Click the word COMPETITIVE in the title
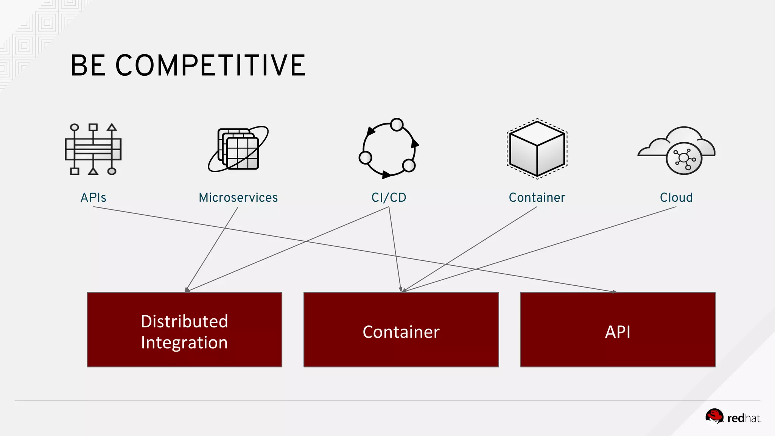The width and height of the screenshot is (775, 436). (x=210, y=65)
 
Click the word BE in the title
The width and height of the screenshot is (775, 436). (x=88, y=65)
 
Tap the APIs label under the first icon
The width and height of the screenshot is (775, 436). (x=93, y=198)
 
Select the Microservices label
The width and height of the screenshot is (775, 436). (x=238, y=198)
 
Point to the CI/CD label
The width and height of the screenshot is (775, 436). (x=389, y=198)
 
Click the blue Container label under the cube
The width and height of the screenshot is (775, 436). (x=537, y=198)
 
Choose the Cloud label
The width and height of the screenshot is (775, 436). (x=676, y=198)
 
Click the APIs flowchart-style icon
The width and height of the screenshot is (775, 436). (x=93, y=149)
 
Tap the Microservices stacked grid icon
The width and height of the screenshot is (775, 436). (x=238, y=149)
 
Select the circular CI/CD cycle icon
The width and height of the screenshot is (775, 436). (x=389, y=149)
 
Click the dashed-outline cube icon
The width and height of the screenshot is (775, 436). (x=537, y=149)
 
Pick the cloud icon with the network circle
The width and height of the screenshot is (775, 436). (x=676, y=150)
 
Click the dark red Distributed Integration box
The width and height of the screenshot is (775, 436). (x=184, y=330)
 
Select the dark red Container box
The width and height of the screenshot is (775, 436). (x=401, y=330)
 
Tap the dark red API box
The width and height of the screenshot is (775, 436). (x=618, y=330)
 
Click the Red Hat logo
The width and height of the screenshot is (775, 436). (x=733, y=418)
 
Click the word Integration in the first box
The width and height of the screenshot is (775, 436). (x=184, y=343)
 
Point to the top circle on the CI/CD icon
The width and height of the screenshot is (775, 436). (x=397, y=125)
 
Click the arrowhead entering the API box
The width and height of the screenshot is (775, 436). (x=615, y=291)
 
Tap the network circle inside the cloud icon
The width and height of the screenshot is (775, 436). (x=684, y=158)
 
